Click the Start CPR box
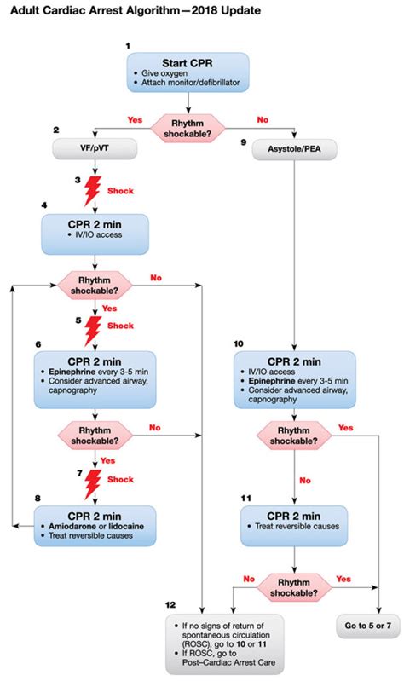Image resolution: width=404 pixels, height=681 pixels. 188,72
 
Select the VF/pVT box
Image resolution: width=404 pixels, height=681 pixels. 95,149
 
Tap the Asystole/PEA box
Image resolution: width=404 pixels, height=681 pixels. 294,149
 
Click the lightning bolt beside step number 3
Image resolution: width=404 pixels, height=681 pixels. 93,190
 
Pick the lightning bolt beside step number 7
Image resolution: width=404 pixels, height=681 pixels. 93,484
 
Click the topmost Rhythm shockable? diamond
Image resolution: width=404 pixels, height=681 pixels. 188,129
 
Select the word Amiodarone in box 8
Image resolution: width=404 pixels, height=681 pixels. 72,527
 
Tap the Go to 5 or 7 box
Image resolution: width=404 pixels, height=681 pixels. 368,626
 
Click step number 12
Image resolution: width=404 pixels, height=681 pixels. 170,605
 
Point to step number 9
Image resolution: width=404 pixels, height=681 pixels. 243,142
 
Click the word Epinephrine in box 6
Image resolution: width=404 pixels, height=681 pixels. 72,372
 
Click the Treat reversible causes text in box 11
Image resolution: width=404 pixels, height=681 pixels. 297,527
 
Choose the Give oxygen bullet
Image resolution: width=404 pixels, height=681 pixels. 161,73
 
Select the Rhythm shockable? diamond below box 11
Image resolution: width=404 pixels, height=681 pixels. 294,587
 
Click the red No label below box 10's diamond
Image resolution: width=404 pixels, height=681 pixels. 305,481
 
